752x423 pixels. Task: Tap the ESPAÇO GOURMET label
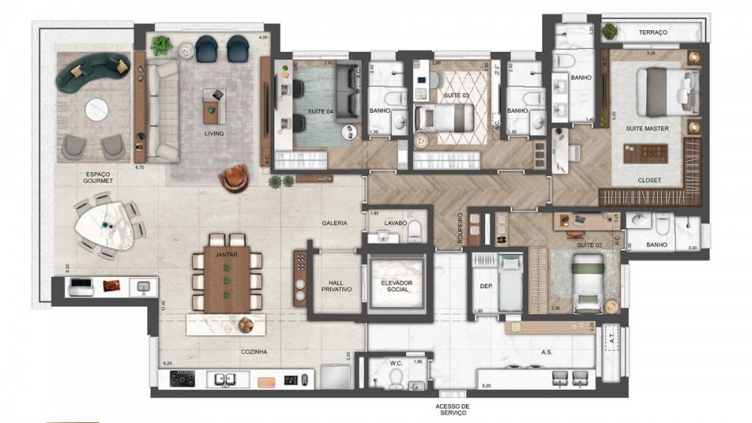99,177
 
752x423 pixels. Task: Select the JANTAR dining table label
227,254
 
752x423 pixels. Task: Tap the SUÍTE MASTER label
647,129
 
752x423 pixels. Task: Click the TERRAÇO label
653,33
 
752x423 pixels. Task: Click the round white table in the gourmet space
95,107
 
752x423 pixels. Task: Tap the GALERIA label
335,224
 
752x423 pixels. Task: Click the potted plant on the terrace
610,32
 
